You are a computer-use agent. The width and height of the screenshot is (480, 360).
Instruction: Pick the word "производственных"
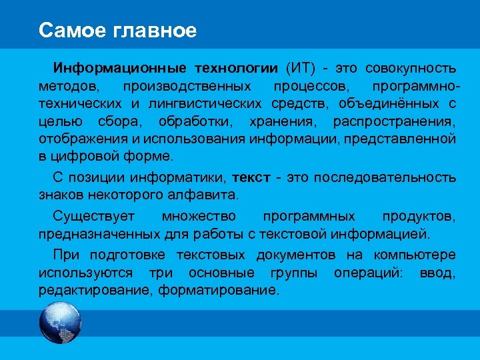click(x=187, y=86)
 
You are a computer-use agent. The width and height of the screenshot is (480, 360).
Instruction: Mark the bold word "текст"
click(x=251, y=177)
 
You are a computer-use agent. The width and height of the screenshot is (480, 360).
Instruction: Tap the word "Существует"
click(x=94, y=216)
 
